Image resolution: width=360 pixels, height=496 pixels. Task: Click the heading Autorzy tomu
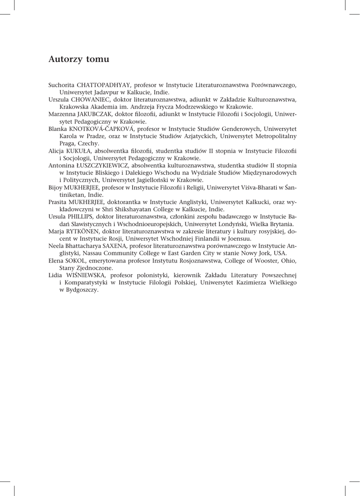pos(79,60)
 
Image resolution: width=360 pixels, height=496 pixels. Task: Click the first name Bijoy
pos(56,187)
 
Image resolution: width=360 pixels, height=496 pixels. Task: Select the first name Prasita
pos(59,201)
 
